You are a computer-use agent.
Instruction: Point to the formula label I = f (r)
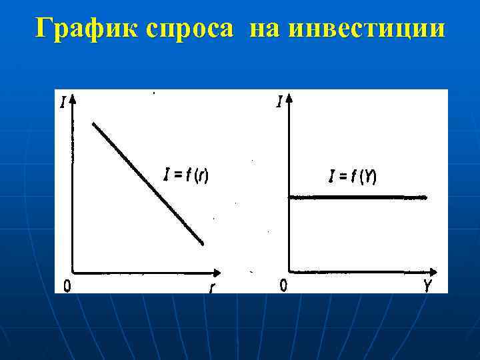pos(186,176)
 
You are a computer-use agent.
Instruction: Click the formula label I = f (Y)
pos(353,177)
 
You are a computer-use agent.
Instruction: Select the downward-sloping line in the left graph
pos(147,183)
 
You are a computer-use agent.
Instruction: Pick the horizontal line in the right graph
pos(357,197)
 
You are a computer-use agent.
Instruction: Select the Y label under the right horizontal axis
pos(427,286)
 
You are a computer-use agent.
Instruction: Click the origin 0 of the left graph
pos(67,286)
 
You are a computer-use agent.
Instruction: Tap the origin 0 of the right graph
pos(283,286)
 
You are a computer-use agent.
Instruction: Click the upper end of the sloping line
pos(94,123)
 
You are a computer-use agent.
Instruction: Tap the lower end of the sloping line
pos(202,243)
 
